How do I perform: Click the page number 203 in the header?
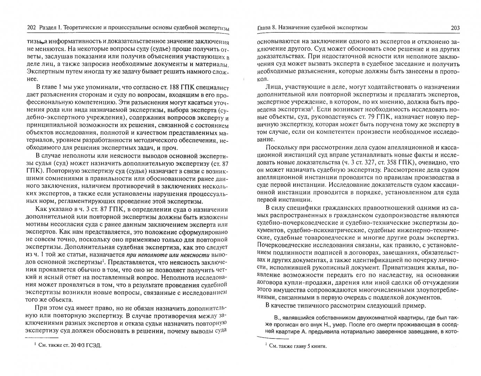[x=454, y=28]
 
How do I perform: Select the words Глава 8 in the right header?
[x=267, y=28]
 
